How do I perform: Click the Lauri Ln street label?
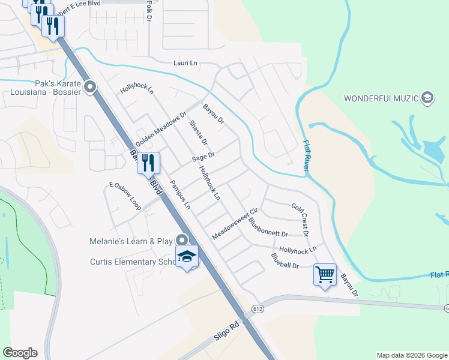coord(185,63)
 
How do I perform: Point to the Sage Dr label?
coord(203,157)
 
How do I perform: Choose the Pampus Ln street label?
coord(180,194)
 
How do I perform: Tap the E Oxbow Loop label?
coord(125,196)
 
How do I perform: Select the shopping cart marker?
coord(325,275)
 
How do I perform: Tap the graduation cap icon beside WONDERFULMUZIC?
coord(427,98)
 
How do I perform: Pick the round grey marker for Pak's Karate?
coord(91,88)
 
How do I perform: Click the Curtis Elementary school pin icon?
coord(187,256)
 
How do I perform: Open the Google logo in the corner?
coord(20,353)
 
